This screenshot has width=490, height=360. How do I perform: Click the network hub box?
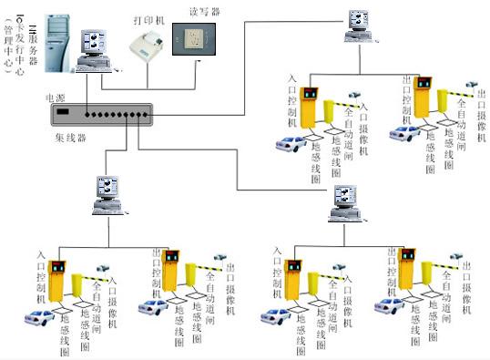99,115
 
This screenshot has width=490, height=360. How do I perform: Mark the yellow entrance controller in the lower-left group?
60,283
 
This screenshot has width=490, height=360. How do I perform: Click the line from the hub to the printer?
118,87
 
